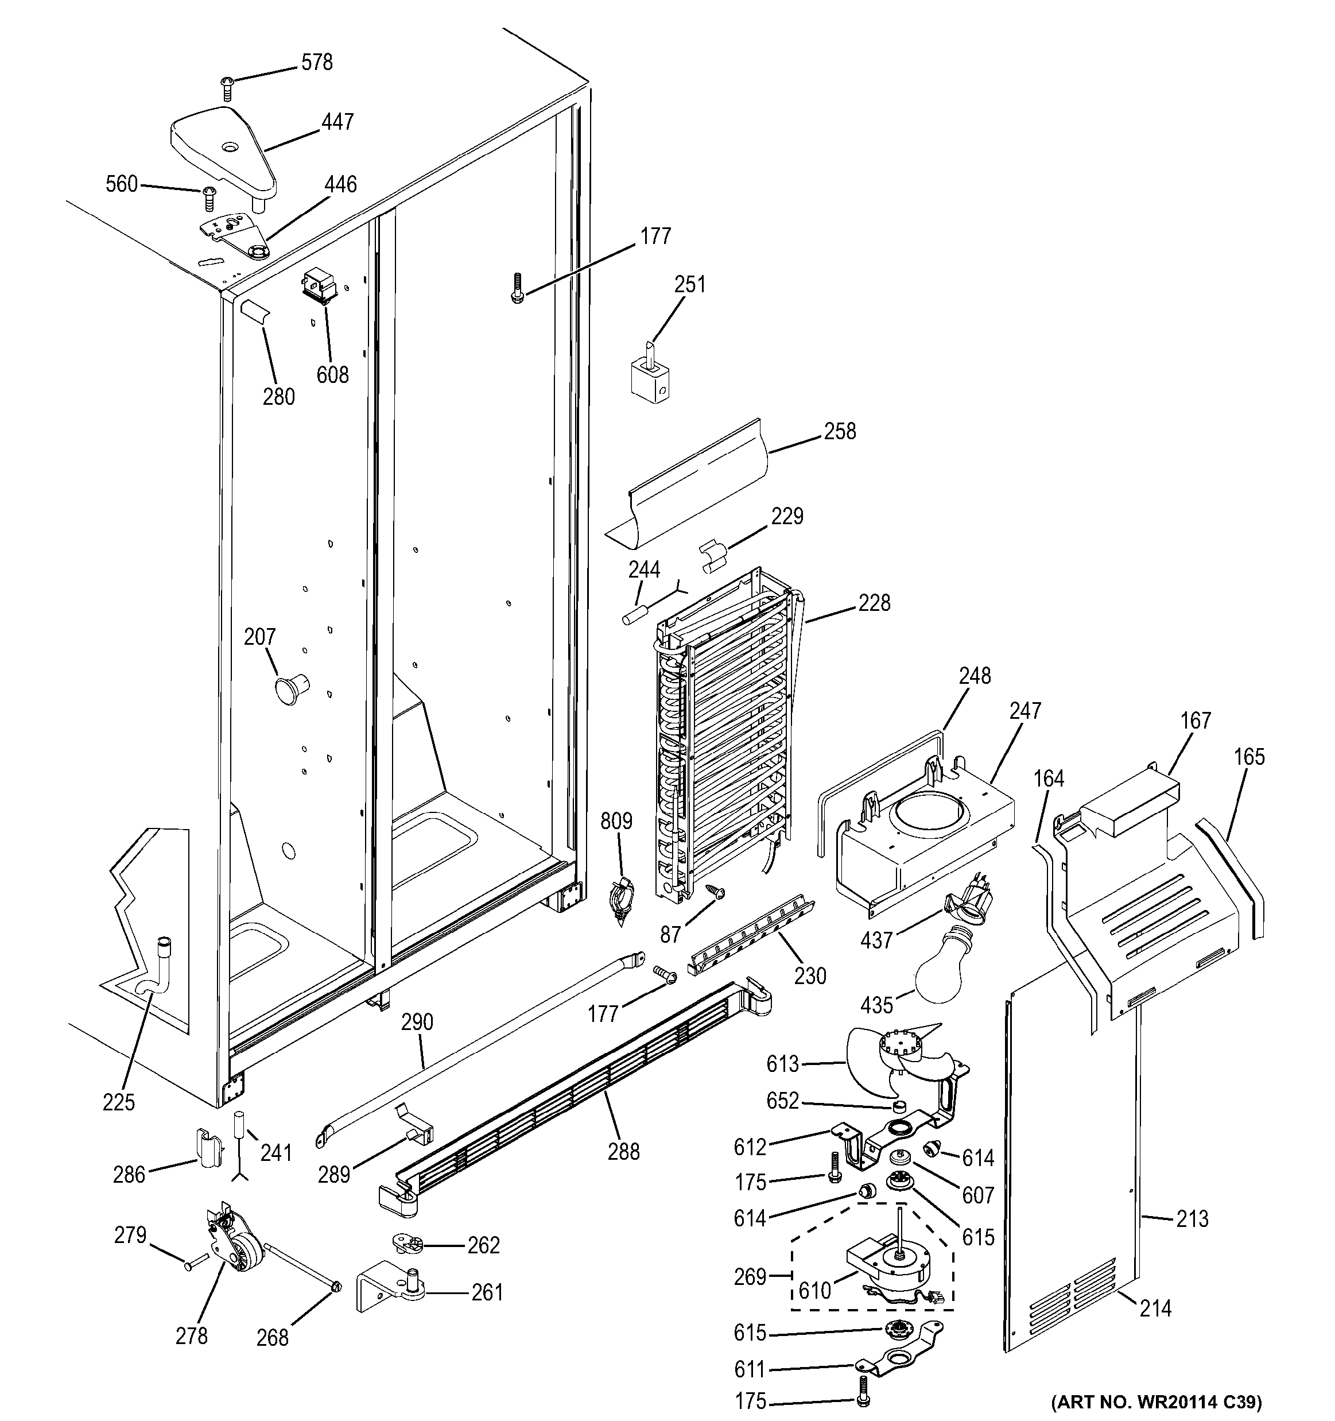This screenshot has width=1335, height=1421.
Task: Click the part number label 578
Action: tap(317, 63)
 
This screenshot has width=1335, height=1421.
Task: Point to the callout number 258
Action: tap(840, 431)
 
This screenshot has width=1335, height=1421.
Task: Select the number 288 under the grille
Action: tap(623, 1152)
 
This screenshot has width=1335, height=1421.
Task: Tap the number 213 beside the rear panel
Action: tap(1192, 1219)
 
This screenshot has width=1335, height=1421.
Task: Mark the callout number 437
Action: tap(877, 940)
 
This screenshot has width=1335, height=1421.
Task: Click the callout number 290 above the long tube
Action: tap(417, 1022)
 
